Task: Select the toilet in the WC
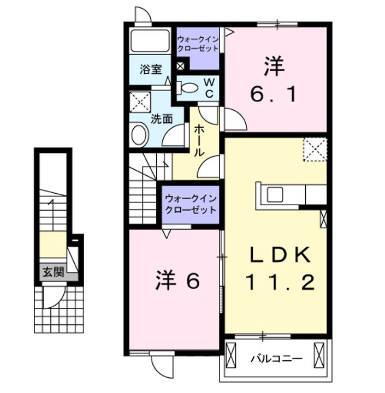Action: tap(189, 87)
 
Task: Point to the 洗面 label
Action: tap(162, 118)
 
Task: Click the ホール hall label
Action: tap(199, 140)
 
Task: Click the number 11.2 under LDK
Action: tap(279, 282)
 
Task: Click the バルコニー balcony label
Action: tap(276, 359)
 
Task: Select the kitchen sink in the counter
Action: tap(274, 194)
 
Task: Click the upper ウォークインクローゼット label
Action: tap(198, 44)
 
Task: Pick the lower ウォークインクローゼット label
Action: tap(191, 204)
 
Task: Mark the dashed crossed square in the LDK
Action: tap(315, 149)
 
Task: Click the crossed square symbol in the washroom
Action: tap(140, 102)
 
